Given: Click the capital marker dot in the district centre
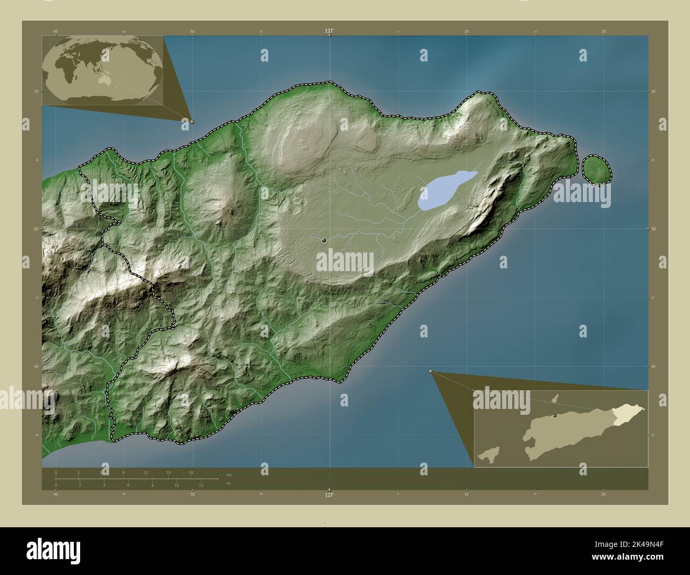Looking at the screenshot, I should tap(324, 241).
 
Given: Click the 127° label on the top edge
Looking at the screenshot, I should tap(330, 31).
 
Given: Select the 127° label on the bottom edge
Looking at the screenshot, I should tap(330, 494).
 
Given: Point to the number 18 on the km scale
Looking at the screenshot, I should tap(191, 472).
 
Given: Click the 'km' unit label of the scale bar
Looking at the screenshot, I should tap(229, 474).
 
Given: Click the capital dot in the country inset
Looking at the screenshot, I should tap(555, 416).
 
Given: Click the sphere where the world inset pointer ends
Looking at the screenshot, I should tap(192, 121).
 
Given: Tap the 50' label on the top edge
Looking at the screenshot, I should tap(193, 31).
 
